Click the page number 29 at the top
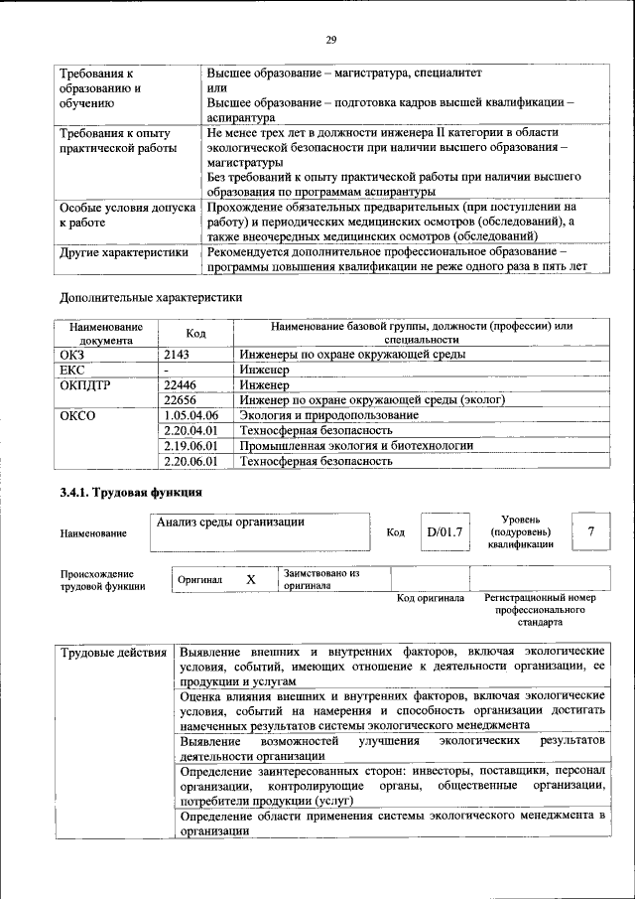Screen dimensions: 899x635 (331, 39)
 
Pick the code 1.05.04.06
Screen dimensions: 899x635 (190, 414)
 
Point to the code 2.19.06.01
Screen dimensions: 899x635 (190, 445)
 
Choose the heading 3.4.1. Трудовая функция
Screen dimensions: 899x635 (131, 491)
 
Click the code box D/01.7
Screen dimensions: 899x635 (444, 532)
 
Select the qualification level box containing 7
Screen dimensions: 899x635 (591, 531)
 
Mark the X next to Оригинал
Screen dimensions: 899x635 (251, 579)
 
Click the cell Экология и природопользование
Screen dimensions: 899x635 (328, 414)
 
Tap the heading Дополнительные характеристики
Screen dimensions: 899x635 (151, 296)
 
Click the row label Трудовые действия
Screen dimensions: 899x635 (114, 653)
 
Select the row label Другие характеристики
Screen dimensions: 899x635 (124, 252)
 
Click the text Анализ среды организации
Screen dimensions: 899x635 (230, 522)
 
